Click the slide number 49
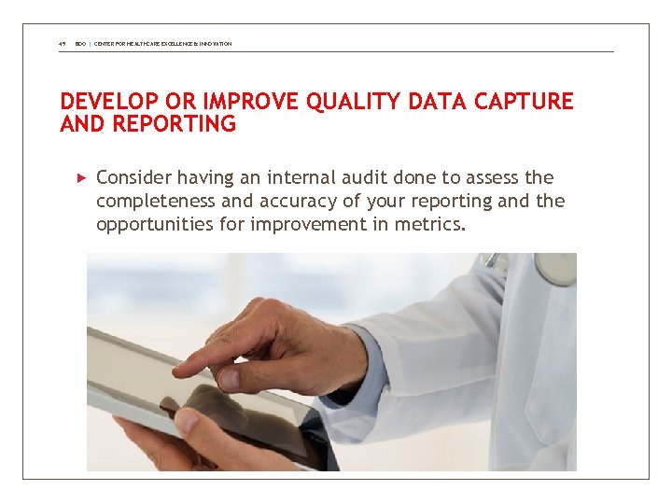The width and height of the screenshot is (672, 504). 62,44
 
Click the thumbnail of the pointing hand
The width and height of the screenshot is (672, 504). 228,376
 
